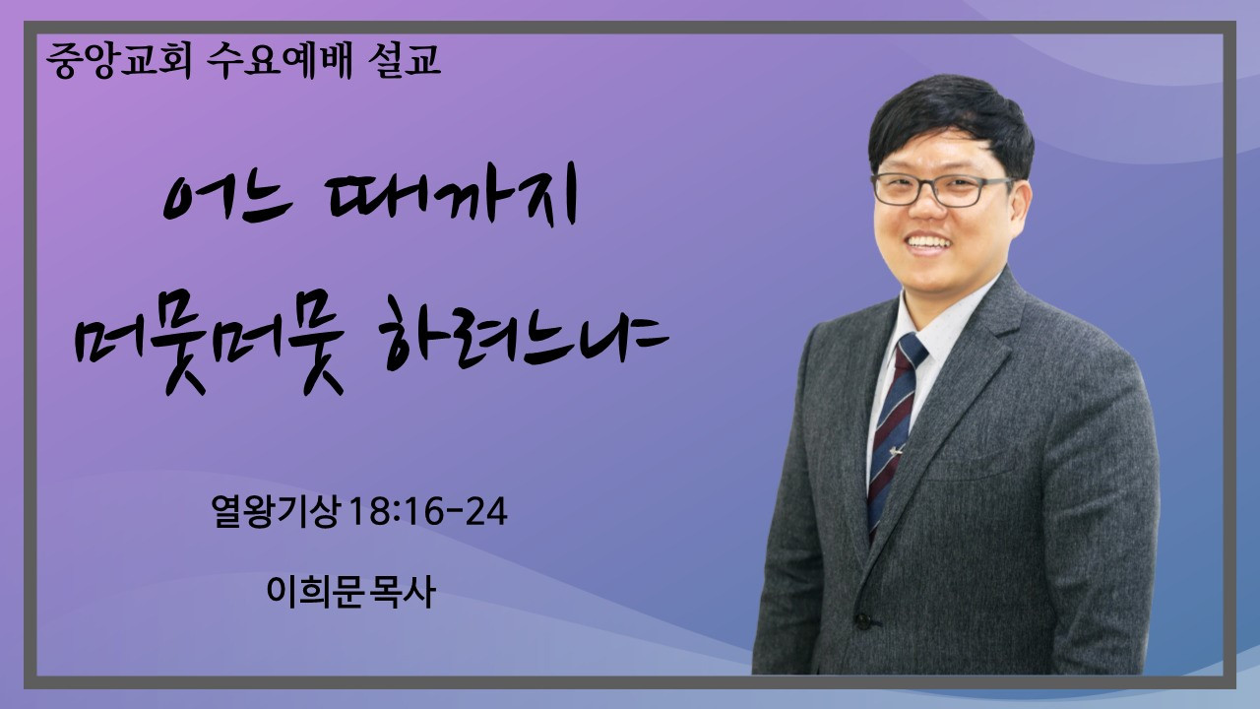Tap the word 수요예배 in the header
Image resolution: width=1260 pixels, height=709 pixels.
point(280,60)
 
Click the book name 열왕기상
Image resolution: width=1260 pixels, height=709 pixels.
point(276,512)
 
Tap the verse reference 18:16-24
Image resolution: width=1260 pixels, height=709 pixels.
point(428,512)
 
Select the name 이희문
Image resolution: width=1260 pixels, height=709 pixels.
point(313,592)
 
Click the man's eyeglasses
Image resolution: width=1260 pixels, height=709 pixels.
point(942,190)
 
